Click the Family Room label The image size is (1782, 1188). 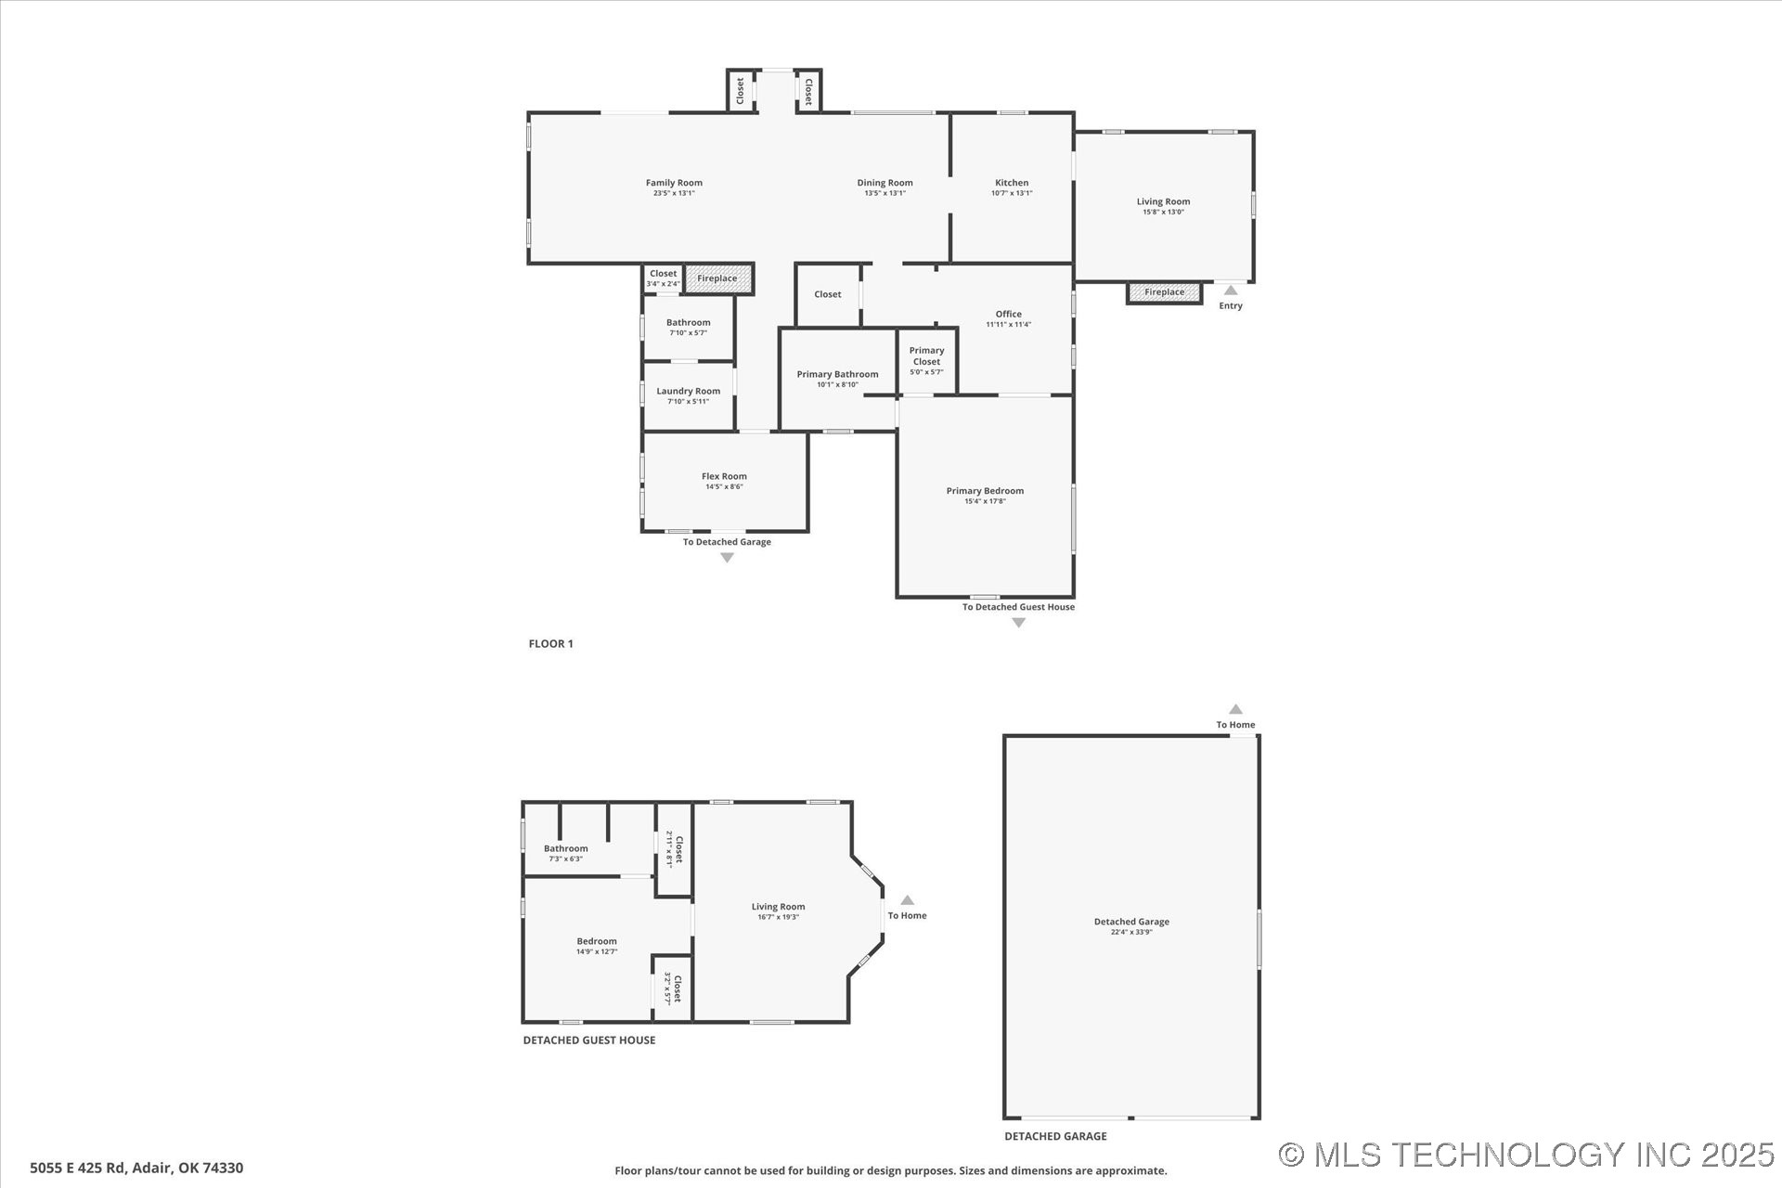[x=674, y=183]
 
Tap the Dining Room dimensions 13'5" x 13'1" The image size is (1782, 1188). [x=885, y=193]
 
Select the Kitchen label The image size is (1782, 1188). [x=1011, y=183]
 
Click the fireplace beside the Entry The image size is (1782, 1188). [x=1164, y=292]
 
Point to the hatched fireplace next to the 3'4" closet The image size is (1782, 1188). [x=717, y=278]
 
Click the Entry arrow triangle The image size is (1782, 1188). [x=1231, y=291]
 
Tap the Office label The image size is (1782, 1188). [x=1008, y=314]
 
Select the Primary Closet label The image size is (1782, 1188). [x=926, y=356]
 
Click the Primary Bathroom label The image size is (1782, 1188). [x=837, y=374]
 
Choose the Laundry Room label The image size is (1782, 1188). [x=688, y=391]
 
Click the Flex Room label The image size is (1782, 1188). [x=724, y=476]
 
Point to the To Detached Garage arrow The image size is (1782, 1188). [x=727, y=558]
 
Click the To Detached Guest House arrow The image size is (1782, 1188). [x=1018, y=623]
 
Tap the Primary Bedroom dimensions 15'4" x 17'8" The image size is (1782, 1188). [x=985, y=501]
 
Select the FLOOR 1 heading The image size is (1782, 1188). [x=550, y=643]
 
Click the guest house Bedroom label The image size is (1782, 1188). [x=596, y=941]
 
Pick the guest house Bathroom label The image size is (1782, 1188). [x=565, y=848]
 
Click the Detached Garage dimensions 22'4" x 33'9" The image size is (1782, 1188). [x=1131, y=932]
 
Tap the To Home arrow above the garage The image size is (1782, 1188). [x=1235, y=709]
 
